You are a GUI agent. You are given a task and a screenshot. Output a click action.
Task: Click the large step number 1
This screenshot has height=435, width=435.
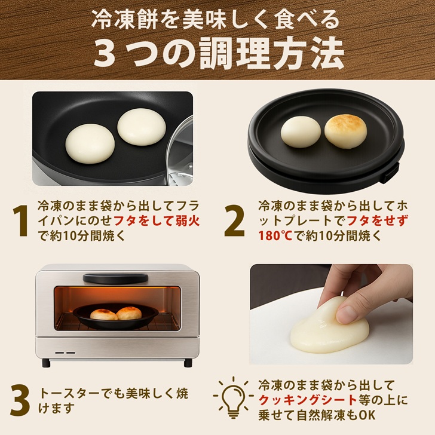click(x=22, y=221)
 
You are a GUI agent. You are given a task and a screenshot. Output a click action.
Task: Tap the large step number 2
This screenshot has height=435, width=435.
click(x=234, y=221)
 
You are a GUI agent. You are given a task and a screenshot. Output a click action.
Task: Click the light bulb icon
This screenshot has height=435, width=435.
click(x=232, y=397)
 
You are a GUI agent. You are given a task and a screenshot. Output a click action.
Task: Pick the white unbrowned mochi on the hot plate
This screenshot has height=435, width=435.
click(x=301, y=131)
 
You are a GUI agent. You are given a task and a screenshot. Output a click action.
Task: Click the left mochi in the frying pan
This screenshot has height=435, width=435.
click(x=90, y=143)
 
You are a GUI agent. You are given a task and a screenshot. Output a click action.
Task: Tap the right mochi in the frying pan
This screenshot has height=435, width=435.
click(x=141, y=125)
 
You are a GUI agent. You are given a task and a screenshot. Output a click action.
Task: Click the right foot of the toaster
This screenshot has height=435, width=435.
click(x=188, y=363)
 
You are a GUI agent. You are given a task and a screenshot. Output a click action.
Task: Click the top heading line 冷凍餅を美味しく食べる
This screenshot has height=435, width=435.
click(x=216, y=20)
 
